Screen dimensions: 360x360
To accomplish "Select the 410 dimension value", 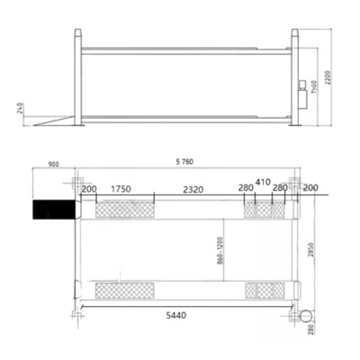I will [x=264, y=181].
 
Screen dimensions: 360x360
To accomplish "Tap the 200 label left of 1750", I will [x=89, y=190].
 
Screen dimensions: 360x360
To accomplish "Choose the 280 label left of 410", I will [x=246, y=190].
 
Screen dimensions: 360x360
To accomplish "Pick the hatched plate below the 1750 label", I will [x=123, y=209].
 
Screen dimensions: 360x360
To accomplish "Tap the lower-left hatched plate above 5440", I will [x=123, y=291].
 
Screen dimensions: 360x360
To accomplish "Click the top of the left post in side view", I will [x=79, y=33].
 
